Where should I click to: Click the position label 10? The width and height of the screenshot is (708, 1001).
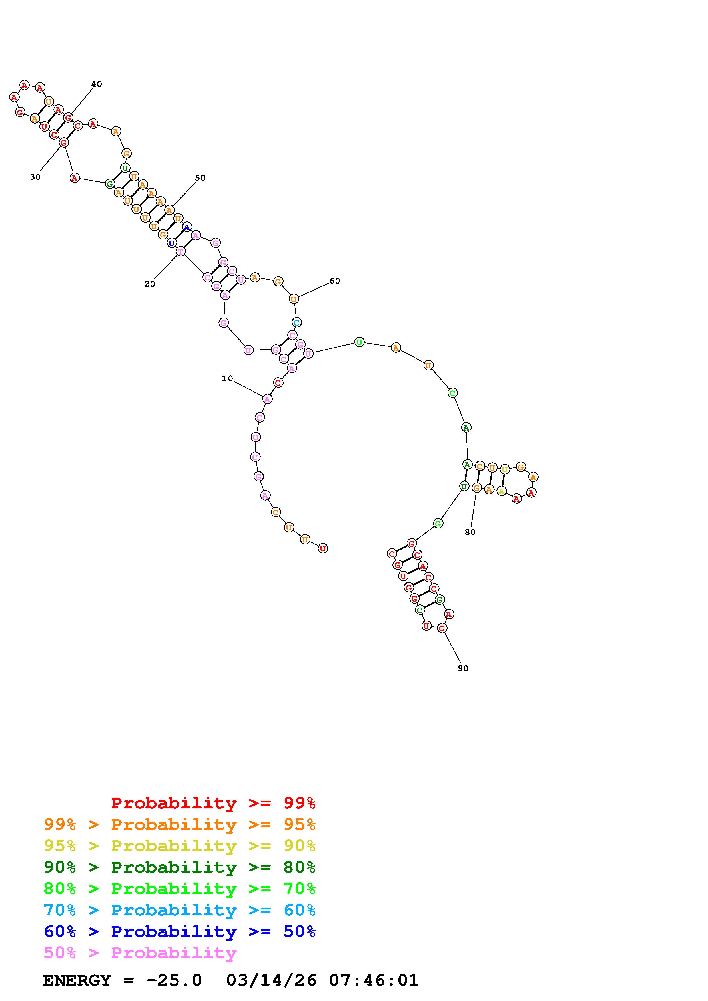pos(227,378)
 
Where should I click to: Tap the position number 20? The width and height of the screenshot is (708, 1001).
pos(150,284)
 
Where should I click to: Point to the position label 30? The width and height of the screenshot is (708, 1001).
pos(35,177)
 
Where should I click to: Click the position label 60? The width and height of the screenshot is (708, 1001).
pos(335,281)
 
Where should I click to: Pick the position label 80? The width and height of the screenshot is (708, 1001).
pos(470,532)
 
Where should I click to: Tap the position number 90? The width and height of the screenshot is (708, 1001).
pos(463,668)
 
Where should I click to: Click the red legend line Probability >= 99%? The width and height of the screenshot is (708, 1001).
pos(213,803)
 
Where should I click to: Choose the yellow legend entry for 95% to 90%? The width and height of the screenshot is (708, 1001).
pos(180,846)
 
